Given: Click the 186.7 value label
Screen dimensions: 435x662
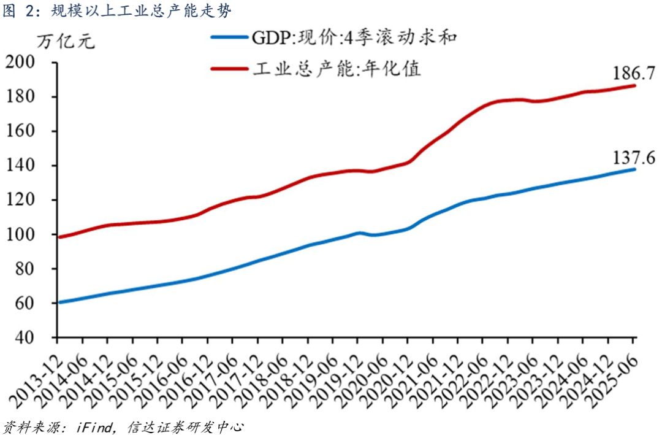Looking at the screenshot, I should pyautogui.click(x=634, y=73).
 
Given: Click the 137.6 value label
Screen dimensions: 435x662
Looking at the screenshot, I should pyautogui.click(x=634, y=156).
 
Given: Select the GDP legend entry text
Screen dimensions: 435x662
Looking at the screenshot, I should pyautogui.click(x=355, y=37).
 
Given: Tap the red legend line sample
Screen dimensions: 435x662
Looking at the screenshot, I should pyautogui.click(x=230, y=68).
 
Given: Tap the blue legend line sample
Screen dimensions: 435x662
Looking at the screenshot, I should pyautogui.click(x=230, y=37).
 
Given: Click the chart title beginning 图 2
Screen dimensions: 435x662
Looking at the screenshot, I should pyautogui.click(x=116, y=11).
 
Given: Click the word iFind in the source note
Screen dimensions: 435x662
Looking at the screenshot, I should pyautogui.click(x=93, y=426).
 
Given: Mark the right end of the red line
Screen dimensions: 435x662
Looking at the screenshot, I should pyautogui.click(x=635, y=86).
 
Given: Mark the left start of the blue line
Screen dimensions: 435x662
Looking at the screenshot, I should pyautogui.click(x=58, y=302).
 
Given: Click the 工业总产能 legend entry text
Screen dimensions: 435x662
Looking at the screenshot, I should pyautogui.click(x=337, y=68).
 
